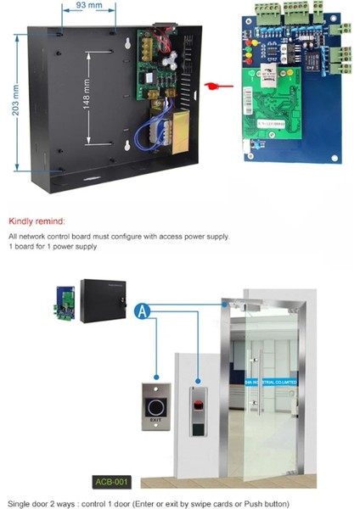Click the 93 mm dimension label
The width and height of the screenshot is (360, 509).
coord(80,7)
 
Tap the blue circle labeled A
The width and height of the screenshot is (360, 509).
coord(144,311)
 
